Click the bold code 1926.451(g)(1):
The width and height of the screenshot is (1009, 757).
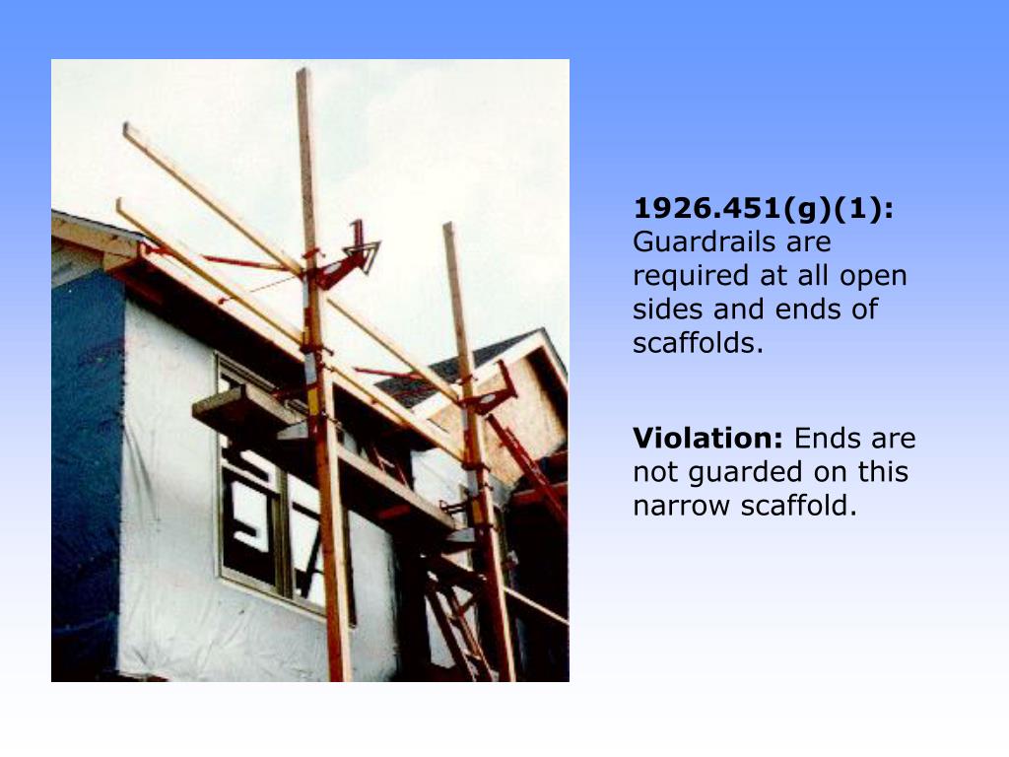coord(764,209)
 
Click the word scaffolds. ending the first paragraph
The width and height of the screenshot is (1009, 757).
coord(699,344)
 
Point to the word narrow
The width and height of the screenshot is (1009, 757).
coord(683,506)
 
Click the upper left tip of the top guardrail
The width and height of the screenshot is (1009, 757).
coord(127,127)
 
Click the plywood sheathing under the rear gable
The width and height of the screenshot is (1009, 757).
coord(527,414)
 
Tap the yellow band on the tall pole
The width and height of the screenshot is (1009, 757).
coord(315,399)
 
